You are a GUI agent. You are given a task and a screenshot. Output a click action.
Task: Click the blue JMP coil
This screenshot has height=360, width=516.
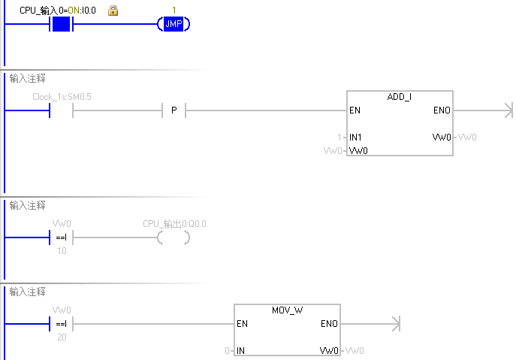[174, 25]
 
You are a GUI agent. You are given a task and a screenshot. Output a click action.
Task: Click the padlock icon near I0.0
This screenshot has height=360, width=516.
[113, 11]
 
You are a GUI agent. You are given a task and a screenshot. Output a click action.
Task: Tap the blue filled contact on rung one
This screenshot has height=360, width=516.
[61, 25]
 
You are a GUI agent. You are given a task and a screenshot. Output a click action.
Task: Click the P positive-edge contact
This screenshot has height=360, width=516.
[174, 111]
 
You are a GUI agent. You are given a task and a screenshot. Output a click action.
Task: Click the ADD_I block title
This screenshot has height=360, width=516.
[399, 98]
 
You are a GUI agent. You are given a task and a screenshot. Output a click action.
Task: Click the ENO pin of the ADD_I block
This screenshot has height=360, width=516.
[442, 110]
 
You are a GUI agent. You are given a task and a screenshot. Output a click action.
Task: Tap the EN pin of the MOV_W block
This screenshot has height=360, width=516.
[242, 325]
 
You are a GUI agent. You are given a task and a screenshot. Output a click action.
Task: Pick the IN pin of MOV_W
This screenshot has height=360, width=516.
[241, 351]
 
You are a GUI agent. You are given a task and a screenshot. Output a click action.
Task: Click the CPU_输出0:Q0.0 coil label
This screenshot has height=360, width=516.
[174, 224]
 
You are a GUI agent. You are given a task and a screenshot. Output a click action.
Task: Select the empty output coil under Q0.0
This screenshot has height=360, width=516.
[174, 237]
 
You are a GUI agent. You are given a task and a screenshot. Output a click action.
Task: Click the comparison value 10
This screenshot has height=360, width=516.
[62, 250]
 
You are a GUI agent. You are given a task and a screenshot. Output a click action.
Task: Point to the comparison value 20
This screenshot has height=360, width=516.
[62, 337]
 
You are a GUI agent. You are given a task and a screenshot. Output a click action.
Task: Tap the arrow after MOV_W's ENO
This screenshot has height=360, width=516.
[394, 324]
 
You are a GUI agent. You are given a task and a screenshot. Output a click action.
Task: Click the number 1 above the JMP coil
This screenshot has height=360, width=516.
[174, 11]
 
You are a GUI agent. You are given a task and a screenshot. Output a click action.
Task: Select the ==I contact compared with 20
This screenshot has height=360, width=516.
[62, 324]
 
